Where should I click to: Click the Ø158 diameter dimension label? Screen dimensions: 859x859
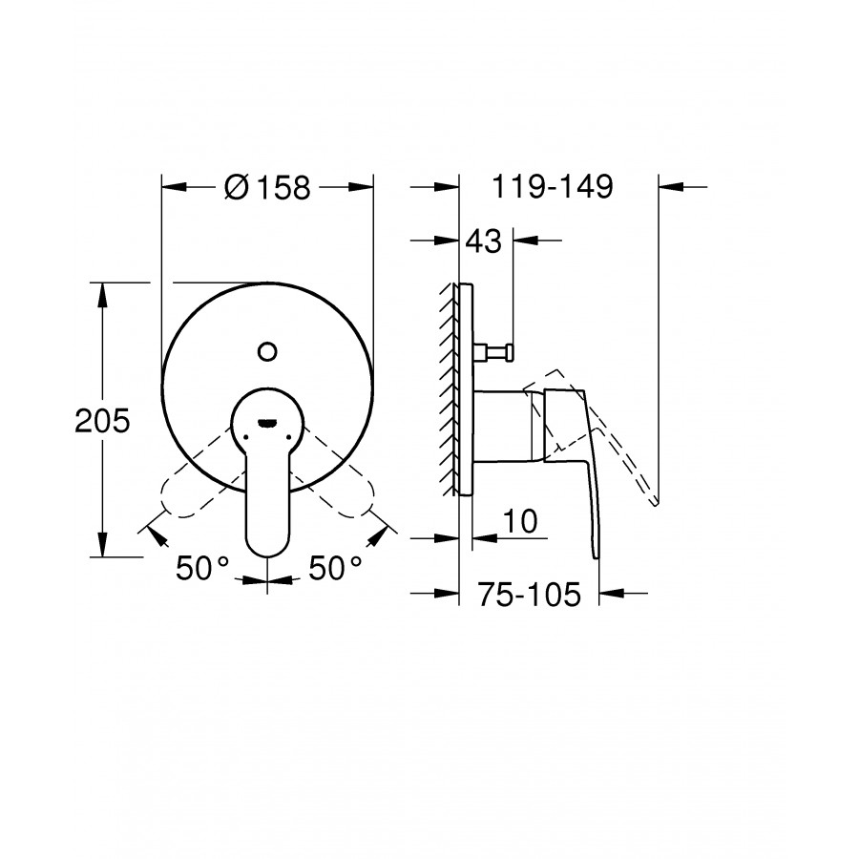[267, 187]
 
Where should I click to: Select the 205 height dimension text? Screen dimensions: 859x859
[102, 421]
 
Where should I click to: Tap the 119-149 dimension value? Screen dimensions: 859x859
[553, 186]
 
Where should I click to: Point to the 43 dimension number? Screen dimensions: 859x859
[483, 241]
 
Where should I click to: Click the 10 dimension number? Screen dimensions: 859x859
[520, 521]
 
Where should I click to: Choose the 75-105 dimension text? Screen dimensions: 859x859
[529, 594]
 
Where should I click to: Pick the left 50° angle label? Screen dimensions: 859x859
[201, 568]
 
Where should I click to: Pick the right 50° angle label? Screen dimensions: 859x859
[335, 568]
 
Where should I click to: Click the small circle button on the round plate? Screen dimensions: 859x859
[267, 351]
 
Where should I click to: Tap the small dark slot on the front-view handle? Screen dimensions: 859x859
[267, 422]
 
